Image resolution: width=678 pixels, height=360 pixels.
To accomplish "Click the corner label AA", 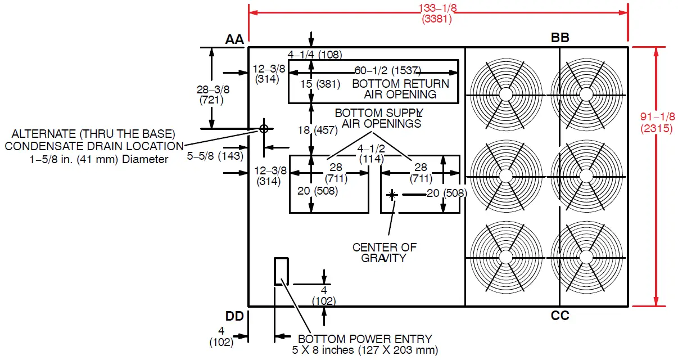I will coord(234,39).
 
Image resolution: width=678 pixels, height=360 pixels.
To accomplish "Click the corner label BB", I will coord(560,38).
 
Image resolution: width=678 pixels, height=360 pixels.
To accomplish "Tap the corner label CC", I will coord(560,316).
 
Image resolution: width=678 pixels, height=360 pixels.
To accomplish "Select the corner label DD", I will coord(234,316).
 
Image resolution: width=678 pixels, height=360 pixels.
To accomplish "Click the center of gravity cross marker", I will coord(392,195).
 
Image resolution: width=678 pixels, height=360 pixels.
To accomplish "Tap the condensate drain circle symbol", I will coord(263,128).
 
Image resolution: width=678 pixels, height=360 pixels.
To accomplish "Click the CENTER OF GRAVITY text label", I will coord(385,253).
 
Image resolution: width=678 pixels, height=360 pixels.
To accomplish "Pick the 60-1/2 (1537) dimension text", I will coord(387,71).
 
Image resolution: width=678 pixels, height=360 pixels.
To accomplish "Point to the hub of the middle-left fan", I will coord(505,175).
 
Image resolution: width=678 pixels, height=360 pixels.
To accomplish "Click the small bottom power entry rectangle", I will coord(281,271).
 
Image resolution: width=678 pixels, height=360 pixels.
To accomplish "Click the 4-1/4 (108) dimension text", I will coord(315,55).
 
